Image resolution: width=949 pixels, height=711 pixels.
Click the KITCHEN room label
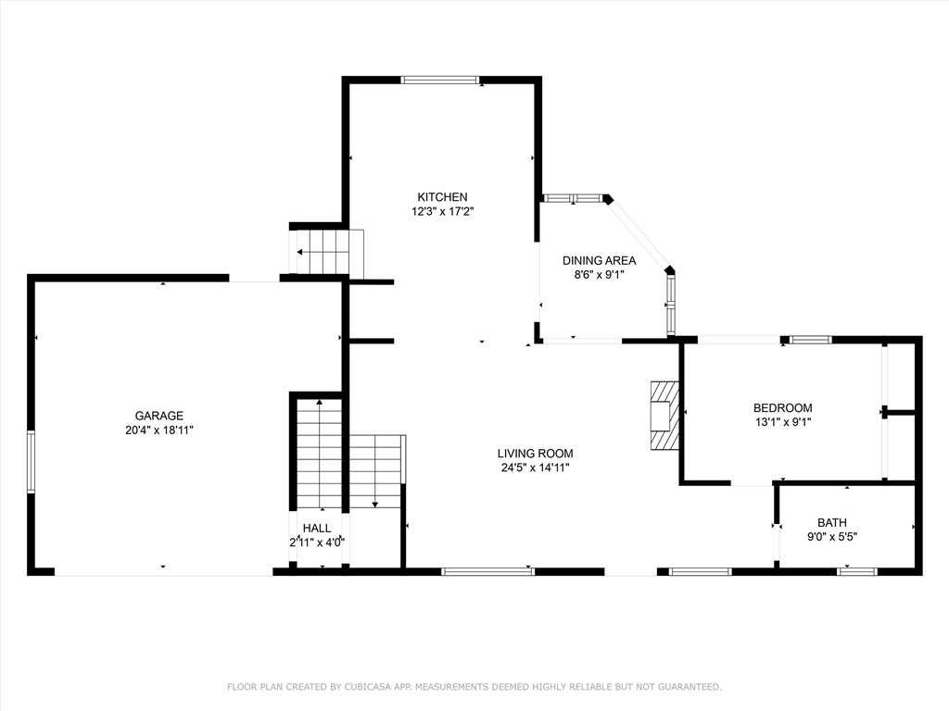442,196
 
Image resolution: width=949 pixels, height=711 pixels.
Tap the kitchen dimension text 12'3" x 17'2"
442,211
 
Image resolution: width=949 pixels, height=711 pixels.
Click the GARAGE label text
159,416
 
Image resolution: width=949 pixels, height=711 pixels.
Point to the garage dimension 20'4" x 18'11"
159,430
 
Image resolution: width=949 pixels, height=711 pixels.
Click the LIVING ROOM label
535,453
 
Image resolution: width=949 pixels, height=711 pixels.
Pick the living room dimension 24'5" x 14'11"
535,468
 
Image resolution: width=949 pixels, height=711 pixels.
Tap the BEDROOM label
782,407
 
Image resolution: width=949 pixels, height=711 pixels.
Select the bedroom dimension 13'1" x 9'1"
782,422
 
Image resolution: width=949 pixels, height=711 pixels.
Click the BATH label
831,522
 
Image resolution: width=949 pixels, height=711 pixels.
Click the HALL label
316,528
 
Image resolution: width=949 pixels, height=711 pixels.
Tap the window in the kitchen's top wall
440,80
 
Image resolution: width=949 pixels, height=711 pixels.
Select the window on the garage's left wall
32,461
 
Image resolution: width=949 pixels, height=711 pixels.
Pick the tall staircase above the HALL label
319,454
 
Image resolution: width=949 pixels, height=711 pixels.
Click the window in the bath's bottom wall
857,571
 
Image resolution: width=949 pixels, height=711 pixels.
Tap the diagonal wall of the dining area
639,233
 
